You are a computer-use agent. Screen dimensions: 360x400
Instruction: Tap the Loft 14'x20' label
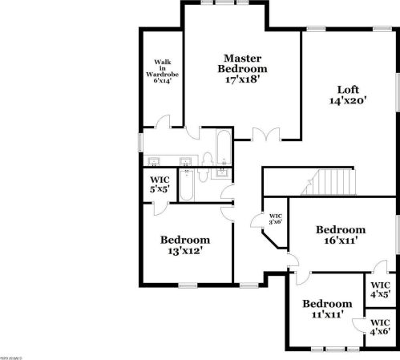[347, 95]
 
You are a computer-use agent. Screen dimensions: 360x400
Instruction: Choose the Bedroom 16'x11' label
[340, 233]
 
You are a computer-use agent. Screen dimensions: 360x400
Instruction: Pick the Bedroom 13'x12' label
[185, 245]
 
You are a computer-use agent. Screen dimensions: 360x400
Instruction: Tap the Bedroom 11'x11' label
[326, 309]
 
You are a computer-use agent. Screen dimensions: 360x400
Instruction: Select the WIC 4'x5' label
[381, 289]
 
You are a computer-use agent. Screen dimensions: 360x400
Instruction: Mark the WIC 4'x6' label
[381, 326]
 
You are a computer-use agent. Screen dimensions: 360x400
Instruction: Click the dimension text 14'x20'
[347, 102]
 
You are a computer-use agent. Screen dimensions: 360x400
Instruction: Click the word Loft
[347, 89]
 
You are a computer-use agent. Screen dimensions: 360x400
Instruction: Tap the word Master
[244, 58]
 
